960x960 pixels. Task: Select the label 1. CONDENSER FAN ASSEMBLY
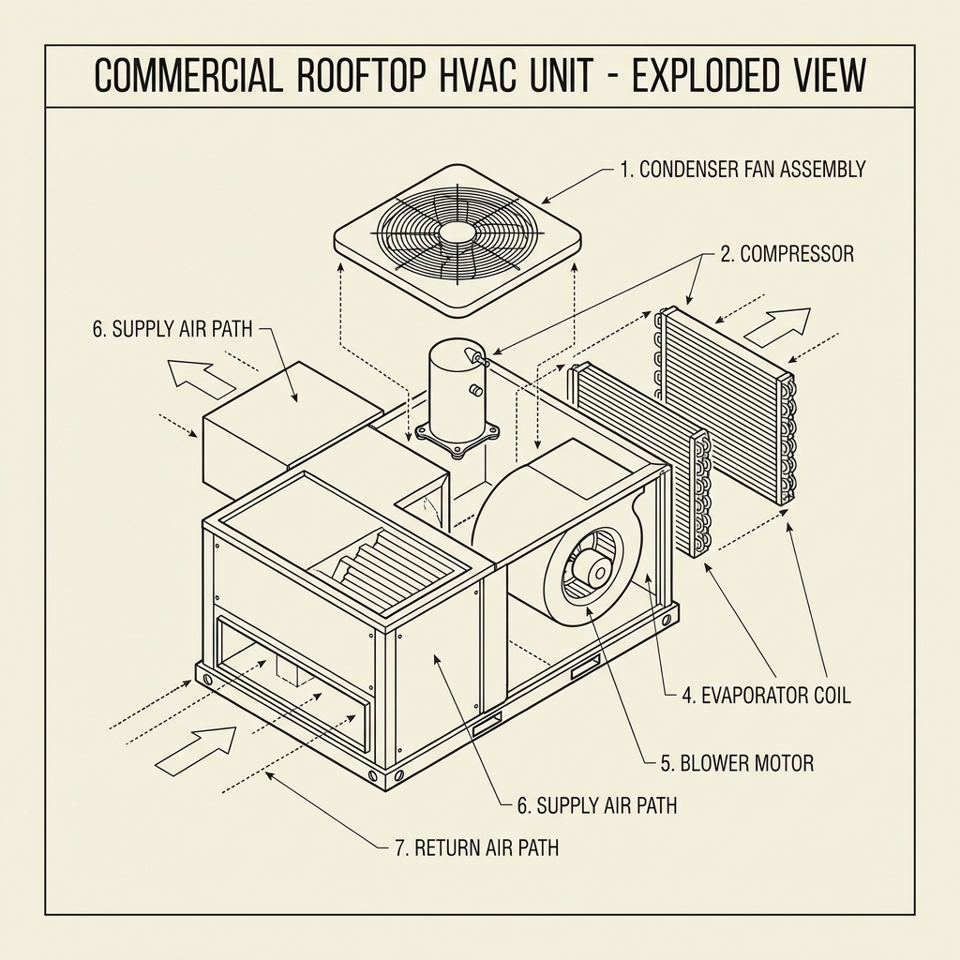coord(742,170)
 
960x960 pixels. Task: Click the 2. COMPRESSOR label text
coord(787,254)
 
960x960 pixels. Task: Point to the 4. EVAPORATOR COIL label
coord(764,696)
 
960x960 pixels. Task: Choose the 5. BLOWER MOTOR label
coord(737,763)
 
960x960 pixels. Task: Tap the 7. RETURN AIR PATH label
coord(476,848)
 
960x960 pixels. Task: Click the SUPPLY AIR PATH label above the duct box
coord(173,329)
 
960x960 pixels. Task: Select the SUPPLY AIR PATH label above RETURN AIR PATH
coord(597,805)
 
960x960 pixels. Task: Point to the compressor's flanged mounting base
coord(457,439)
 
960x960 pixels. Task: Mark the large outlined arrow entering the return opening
coord(196,750)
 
